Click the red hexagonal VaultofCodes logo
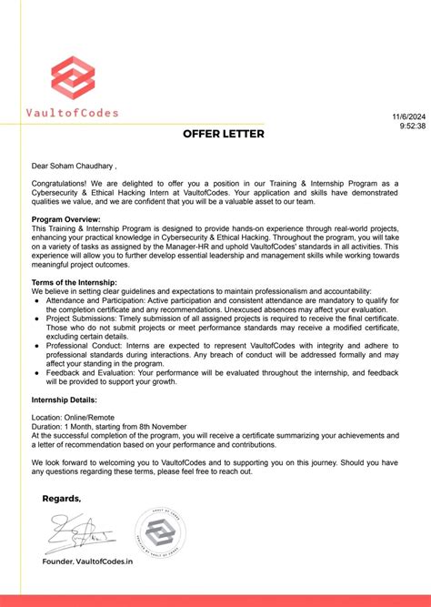(72, 77)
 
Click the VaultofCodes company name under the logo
(72, 114)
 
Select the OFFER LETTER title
(224, 134)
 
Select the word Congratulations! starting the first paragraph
(61, 183)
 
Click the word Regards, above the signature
(62, 498)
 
